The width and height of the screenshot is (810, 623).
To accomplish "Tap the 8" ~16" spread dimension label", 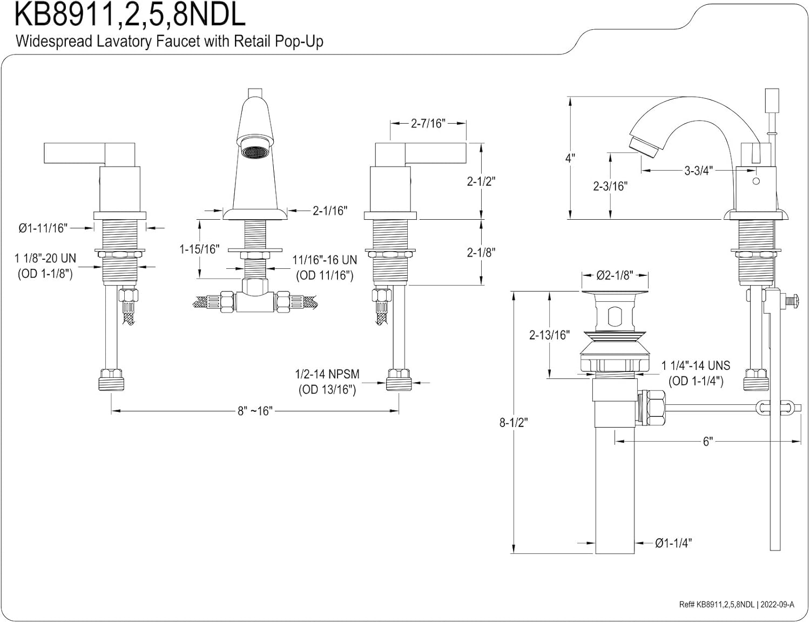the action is coord(255,411).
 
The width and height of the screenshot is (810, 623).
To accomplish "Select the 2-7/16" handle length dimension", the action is coord(428,123).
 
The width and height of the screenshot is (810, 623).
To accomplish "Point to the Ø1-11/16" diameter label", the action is coord(43,228).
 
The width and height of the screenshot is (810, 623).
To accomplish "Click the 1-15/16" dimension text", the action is coord(199,249).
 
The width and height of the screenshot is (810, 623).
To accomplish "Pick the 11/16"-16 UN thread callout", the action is coord(325,260).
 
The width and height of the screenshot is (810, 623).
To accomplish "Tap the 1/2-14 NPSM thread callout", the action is coord(327,374).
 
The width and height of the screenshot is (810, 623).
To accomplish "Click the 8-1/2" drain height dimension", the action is coord(514,422).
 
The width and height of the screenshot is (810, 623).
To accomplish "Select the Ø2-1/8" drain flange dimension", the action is coord(615,275).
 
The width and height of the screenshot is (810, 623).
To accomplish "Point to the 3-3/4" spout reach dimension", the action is coord(699,171).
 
